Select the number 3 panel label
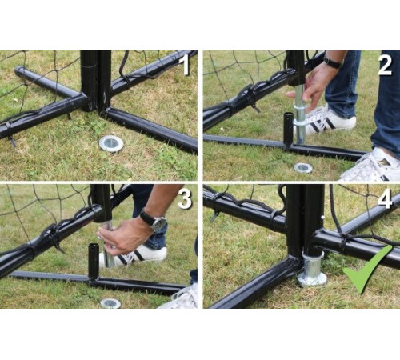185,199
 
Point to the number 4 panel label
385,199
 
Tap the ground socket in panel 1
111,143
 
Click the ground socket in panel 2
303,168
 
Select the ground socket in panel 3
110,303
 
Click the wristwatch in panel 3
154,221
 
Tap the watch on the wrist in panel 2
333,62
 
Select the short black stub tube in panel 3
94,261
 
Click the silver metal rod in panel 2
300,114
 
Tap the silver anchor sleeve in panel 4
312,270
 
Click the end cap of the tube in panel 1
18,70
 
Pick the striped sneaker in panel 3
134,256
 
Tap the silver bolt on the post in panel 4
323,218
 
